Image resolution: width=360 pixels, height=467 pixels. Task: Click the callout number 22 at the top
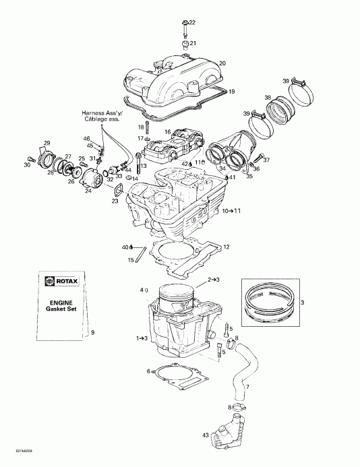pyautogui.click(x=192, y=23)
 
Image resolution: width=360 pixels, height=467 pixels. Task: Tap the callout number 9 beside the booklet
pyautogui.click(x=92, y=332)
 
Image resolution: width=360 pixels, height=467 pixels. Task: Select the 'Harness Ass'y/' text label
pyautogui.click(x=100, y=113)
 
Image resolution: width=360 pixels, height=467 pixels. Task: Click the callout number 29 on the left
pyautogui.click(x=47, y=142)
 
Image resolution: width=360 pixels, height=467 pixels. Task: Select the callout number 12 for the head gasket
pyautogui.click(x=227, y=247)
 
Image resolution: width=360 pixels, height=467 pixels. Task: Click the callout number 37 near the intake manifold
pyautogui.click(x=266, y=160)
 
